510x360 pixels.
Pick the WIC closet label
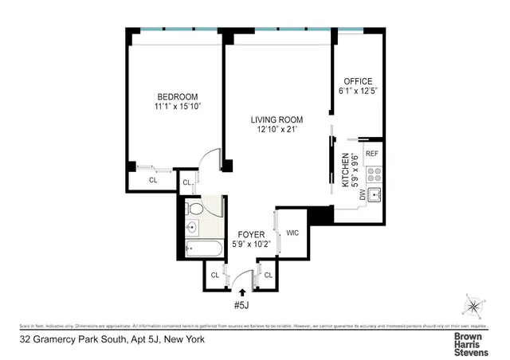pyautogui.click(x=292, y=233)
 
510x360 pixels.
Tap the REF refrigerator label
pyautogui.click(x=373, y=154)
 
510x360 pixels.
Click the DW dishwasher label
pyautogui.click(x=363, y=194)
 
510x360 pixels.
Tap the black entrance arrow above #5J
pyautogui.click(x=243, y=293)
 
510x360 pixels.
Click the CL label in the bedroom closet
pyautogui.click(x=154, y=180)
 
